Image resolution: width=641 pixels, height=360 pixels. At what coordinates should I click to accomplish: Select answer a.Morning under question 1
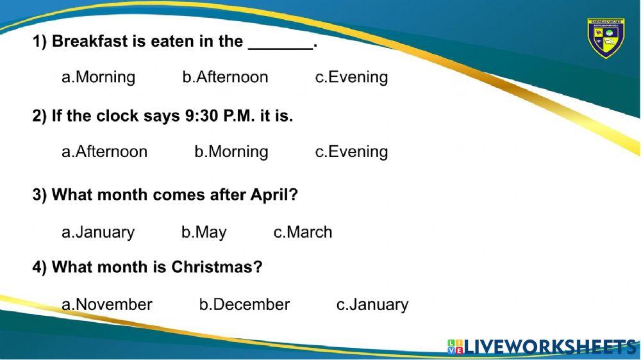tap(98, 78)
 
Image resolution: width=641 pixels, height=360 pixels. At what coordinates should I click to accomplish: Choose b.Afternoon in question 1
tap(225, 78)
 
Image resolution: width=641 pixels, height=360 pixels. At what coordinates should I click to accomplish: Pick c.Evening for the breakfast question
tap(351, 78)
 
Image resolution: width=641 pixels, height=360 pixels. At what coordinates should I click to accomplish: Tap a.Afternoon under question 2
tap(104, 152)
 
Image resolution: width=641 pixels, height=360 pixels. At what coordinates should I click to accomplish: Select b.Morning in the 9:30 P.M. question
tap(231, 152)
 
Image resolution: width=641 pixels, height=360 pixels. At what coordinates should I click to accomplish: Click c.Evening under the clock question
tap(351, 152)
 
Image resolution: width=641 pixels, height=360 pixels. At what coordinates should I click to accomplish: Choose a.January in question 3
tap(98, 232)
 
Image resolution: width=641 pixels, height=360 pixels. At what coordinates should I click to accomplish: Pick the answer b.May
tap(204, 232)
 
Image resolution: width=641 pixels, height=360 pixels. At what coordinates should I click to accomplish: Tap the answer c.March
tap(303, 232)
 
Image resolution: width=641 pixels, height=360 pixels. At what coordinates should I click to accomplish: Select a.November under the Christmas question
tap(107, 304)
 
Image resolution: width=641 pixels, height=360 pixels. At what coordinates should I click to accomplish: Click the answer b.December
tap(244, 304)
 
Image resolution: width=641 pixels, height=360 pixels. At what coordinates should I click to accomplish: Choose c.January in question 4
tap(372, 304)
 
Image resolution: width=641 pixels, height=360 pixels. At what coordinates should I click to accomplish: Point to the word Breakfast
tap(90, 42)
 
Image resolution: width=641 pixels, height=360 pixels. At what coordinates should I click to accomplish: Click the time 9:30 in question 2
tap(199, 116)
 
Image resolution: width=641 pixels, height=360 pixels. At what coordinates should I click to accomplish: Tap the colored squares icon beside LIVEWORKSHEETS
tap(455, 347)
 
